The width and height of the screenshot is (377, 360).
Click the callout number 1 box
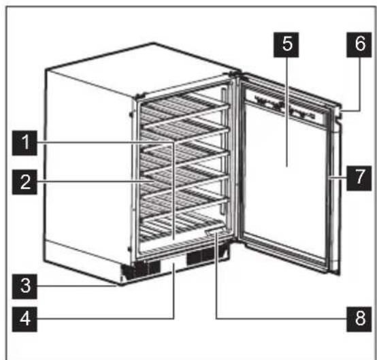click(x=25, y=144)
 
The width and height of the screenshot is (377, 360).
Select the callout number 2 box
click(x=25, y=182)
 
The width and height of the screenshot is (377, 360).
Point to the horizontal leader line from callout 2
click(x=88, y=182)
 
